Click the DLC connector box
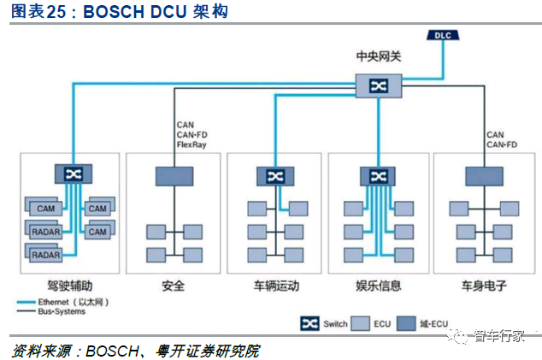pos(443,35)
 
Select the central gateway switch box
pos(379,86)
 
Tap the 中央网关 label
pos(379,56)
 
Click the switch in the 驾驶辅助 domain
pos(74,174)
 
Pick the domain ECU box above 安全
pos(174,176)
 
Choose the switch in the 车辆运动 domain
pos(275,176)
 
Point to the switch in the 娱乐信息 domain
pos(378,176)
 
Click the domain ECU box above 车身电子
pos(484,176)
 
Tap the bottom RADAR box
pos(46,255)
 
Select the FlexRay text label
pos(191,145)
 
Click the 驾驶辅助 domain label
pos(70,286)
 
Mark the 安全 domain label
pos(174,286)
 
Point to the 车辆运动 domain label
pos(276,286)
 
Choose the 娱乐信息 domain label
pos(379,286)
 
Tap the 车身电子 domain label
pos(484,286)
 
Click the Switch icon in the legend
pos(309,324)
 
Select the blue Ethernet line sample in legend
pos(27,302)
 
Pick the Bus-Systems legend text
pos(62,311)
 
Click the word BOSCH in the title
pos(114,11)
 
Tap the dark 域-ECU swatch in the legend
pos(406,324)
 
